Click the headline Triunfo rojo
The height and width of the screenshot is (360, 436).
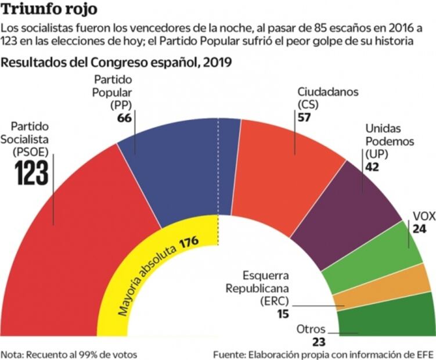point(50,9)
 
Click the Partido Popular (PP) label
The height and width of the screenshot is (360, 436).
point(114,92)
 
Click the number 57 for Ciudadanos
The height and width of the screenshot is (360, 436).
point(304,117)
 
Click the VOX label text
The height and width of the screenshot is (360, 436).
point(423,217)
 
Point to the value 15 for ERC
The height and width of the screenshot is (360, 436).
point(283,315)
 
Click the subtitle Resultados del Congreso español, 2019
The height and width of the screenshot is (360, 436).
point(117,63)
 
